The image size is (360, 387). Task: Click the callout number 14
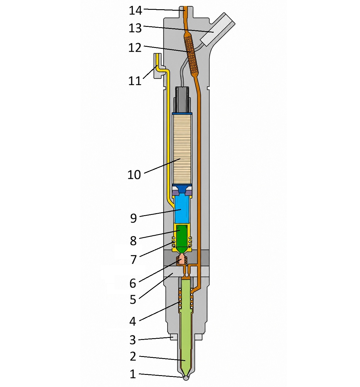point(135,11)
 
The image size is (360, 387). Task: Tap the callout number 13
point(135,28)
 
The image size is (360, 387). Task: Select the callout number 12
point(135,48)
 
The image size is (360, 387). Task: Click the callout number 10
point(134,175)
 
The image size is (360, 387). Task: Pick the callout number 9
point(133,218)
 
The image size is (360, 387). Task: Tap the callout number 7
point(134,260)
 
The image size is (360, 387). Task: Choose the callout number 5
point(133,299)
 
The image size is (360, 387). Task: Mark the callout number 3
point(133,340)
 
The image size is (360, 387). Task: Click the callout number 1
point(133,374)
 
